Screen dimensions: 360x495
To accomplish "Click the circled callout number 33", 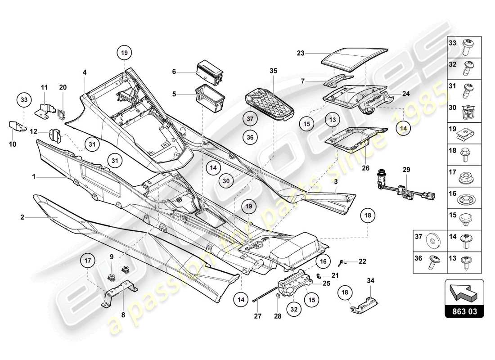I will [x=25, y=99].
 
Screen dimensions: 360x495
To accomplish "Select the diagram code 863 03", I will [x=464, y=310].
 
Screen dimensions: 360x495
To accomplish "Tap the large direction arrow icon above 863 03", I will [x=464, y=293].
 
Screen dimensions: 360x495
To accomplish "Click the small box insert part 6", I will [x=210, y=72].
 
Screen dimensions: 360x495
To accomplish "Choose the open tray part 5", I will [x=210, y=97].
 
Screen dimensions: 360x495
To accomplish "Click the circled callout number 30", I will [x=227, y=180].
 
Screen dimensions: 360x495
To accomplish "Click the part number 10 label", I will [x=13, y=144].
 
